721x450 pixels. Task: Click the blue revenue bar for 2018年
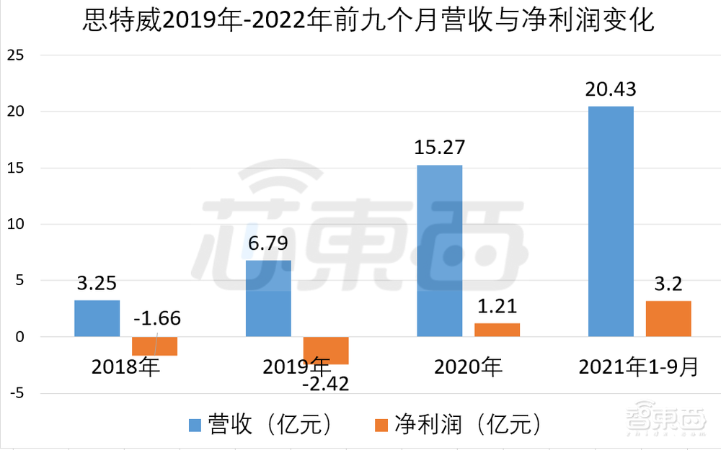[x=97, y=318]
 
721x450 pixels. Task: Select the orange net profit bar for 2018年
[x=154, y=346]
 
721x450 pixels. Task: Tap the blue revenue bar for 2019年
[x=268, y=298]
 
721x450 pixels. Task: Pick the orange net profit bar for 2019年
[x=326, y=350]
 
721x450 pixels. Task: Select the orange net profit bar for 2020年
[x=497, y=330]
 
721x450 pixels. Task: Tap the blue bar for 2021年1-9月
[x=611, y=222]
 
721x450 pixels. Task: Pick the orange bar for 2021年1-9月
[x=668, y=318]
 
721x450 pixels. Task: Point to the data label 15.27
[x=440, y=148]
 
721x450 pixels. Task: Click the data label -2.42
[x=326, y=383]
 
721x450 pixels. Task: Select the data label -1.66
[x=157, y=318]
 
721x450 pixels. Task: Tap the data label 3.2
[x=668, y=284]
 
